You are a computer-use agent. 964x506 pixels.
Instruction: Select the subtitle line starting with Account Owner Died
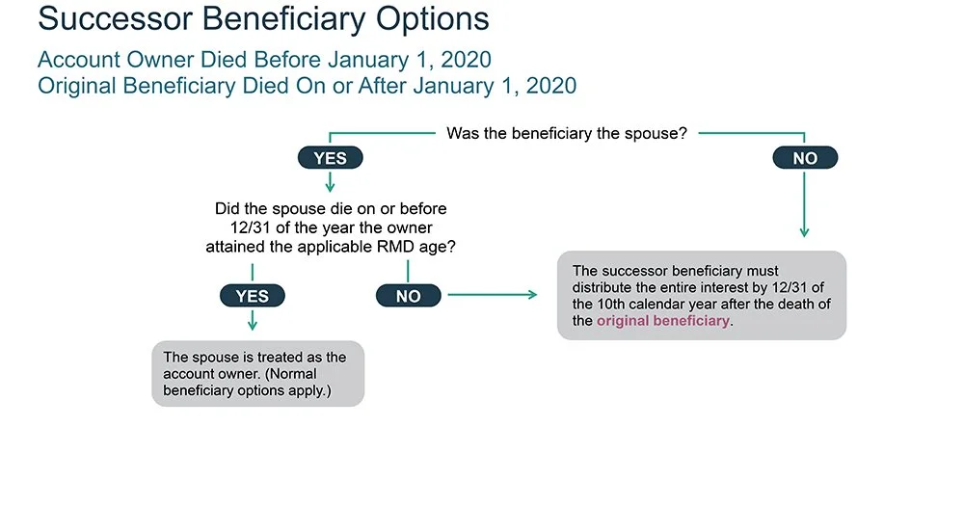pos(264,60)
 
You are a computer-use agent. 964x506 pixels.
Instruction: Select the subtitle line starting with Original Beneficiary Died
pos(307,86)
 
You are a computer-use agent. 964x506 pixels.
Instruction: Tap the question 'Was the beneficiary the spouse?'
pos(567,133)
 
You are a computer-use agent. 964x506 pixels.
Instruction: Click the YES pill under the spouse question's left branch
pos(330,158)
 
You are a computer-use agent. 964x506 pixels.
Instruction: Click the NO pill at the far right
pos(805,158)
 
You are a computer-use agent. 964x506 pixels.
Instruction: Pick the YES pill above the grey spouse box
pos(252,296)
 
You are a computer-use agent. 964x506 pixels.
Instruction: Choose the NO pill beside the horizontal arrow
pos(408,296)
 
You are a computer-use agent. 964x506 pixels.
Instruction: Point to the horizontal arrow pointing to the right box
pos(493,294)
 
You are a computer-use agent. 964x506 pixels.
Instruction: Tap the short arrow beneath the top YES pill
pos(330,181)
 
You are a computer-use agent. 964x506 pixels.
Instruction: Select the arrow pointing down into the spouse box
pos(252,322)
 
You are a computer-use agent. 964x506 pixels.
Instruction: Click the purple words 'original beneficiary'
pos(663,321)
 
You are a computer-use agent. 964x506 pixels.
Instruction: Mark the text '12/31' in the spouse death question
pos(239,226)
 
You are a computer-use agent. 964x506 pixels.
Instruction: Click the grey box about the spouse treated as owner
pos(257,373)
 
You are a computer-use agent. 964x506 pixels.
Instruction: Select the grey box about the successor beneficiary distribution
pos(701,295)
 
